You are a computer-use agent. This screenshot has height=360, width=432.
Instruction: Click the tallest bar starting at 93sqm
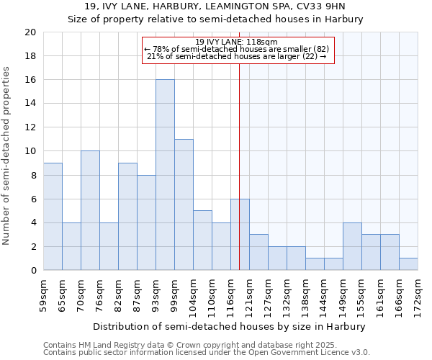coord(165,175)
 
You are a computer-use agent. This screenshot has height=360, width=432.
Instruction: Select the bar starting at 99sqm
coord(184,204)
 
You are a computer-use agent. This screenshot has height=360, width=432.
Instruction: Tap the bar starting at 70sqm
coord(90,210)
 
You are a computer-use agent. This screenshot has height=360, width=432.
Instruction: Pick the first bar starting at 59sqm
coord(53,216)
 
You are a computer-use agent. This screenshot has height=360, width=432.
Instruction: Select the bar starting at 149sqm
coord(352,246)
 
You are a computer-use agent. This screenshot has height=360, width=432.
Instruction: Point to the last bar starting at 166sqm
coord(408,264)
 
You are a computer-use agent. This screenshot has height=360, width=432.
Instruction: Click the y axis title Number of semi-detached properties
coord(7,156)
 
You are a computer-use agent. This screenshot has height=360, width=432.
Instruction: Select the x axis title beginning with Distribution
coord(230,326)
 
